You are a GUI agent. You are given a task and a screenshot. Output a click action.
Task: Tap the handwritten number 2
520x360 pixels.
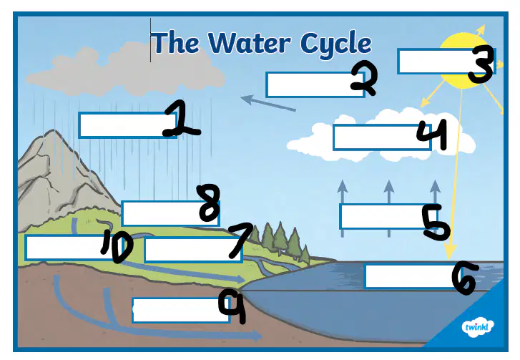(365, 77)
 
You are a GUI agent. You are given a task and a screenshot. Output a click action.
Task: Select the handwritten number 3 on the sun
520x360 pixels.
(481, 64)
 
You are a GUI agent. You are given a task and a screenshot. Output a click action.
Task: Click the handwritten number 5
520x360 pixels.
(436, 221)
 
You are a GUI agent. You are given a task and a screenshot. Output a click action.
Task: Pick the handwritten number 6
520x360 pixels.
(464, 277)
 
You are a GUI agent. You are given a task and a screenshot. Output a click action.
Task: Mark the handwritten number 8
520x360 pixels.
(209, 203)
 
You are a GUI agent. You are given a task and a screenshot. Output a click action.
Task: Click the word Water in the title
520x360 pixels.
(249, 42)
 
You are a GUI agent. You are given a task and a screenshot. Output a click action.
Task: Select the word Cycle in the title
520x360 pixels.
(335, 44)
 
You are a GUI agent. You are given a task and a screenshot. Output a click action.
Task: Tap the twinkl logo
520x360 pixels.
(478, 328)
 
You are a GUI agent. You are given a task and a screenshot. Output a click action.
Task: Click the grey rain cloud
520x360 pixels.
(126, 70)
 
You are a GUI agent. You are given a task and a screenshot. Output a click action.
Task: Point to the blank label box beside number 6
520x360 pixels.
(410, 276)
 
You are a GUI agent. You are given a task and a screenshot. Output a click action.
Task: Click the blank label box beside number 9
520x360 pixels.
(181, 310)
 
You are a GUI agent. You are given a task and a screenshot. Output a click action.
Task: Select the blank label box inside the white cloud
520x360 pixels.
(381, 137)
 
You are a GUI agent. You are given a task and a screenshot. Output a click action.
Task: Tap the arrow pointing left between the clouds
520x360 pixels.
(268, 103)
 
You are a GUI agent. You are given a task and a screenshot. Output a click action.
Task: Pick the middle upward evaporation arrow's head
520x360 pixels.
(388, 187)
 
